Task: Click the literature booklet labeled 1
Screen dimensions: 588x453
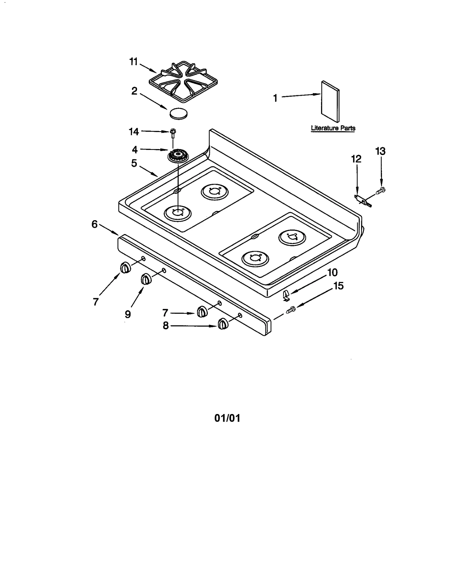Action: pos(330,101)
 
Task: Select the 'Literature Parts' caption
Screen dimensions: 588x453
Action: pos(333,128)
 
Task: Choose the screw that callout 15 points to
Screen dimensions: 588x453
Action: pos(290,310)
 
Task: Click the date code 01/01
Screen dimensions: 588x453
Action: pos(227,418)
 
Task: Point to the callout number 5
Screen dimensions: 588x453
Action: pos(134,163)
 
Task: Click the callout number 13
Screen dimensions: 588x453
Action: pos(380,151)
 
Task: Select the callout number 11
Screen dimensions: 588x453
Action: pos(133,61)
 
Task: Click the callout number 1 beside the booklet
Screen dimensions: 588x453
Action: pos(275,98)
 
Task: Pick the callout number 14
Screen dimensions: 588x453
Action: pos(134,131)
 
